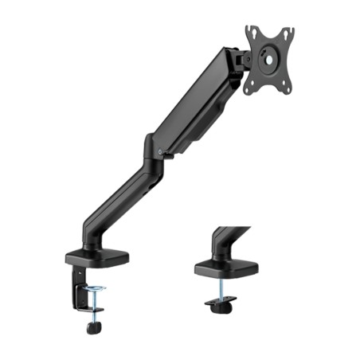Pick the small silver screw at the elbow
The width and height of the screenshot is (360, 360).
(x=161, y=151)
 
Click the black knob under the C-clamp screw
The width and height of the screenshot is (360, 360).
(x=93, y=326)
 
